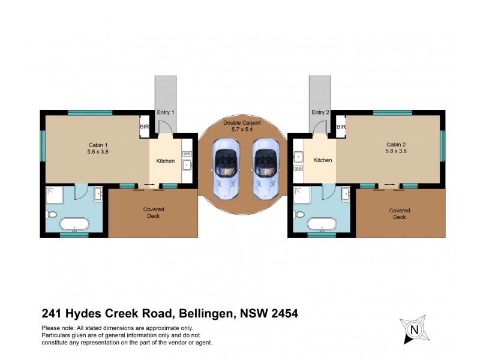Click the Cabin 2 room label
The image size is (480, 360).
coord(397,148)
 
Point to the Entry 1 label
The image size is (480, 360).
coord(165,113)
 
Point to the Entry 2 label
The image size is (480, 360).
coord(321,113)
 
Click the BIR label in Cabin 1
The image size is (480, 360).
coord(144,127)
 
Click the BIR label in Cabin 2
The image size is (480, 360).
coord(341,127)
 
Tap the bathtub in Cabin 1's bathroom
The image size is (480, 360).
coord(74,225)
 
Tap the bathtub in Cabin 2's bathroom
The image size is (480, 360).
coord(322,225)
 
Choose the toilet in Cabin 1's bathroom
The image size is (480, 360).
coord(52,214)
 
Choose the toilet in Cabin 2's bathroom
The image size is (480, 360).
coord(299,214)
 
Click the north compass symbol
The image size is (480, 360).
coord(413,329)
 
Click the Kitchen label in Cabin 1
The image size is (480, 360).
coord(165,161)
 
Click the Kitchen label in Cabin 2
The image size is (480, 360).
coord(323,160)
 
